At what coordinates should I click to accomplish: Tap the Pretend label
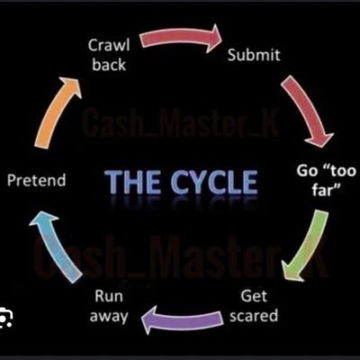pos(36,181)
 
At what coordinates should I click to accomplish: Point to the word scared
pos(254,316)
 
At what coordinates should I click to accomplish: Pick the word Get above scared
pos(254,296)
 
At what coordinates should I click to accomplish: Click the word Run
pos(108,296)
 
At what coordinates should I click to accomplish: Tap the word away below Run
pos(108,316)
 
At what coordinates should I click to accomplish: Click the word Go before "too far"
pos(308,168)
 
